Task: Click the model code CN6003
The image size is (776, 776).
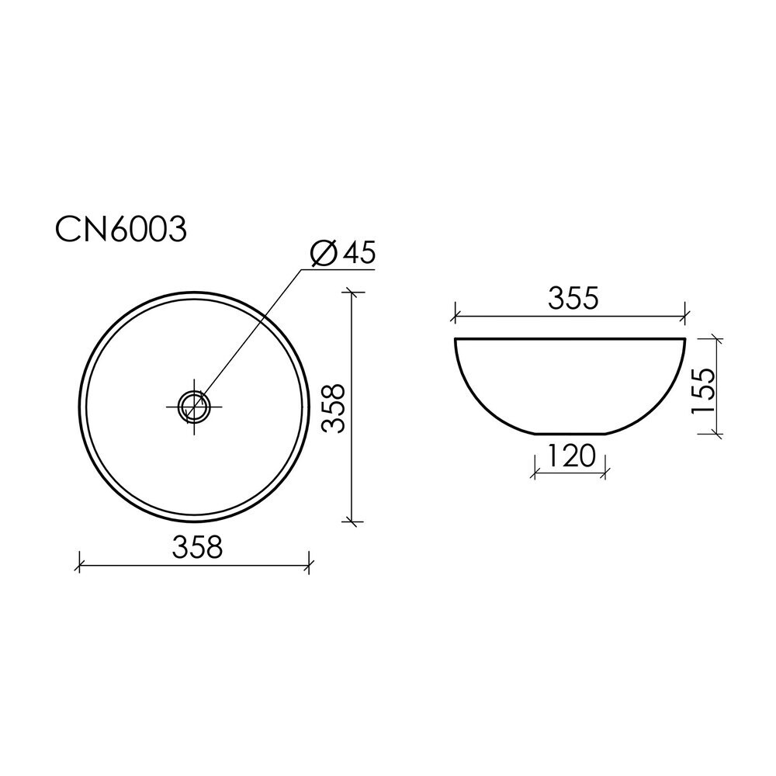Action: coord(121,229)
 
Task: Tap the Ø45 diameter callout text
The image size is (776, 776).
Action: coord(342,254)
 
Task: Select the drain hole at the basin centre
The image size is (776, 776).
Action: coord(194,407)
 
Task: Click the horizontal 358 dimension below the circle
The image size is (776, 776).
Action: coord(198,547)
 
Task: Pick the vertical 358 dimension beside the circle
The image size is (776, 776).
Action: coord(334,408)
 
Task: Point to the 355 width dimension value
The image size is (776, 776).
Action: coord(573,299)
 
